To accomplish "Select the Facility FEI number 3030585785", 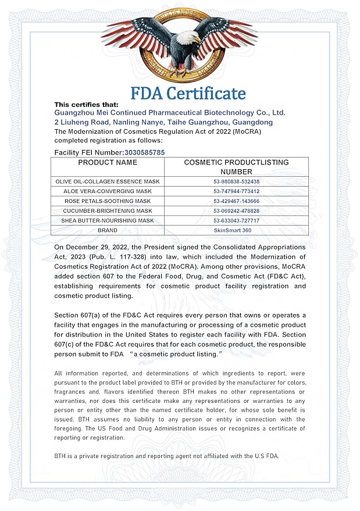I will (x=145, y=152).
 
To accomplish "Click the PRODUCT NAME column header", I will (x=108, y=163).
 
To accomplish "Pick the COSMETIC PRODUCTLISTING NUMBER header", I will (x=236, y=167).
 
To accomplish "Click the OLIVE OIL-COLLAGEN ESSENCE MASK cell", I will (x=108, y=181).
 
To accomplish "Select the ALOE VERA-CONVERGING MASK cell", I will (x=108, y=191).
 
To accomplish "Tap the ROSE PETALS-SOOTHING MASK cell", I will (x=108, y=201).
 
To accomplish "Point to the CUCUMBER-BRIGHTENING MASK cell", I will (x=108, y=211).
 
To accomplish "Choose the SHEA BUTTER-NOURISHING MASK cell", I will (x=108, y=221).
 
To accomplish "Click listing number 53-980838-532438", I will (x=236, y=181).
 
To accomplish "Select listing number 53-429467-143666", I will (x=236, y=201).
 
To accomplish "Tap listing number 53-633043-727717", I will (x=236, y=221).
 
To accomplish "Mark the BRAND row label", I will (x=108, y=231).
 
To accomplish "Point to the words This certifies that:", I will (x=86, y=105).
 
